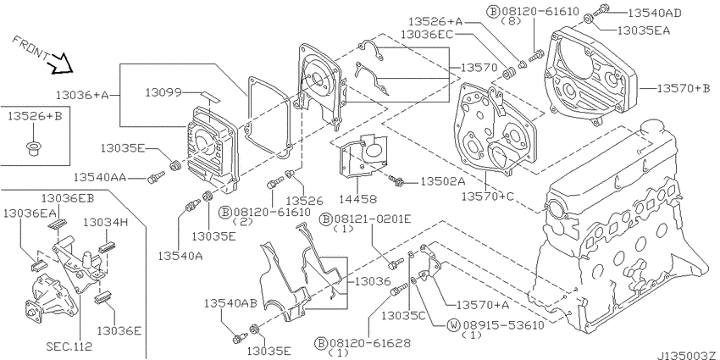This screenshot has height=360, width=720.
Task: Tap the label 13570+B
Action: coord(684,88)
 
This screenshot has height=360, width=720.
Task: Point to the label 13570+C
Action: coord(488,197)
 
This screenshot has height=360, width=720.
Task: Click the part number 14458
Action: coord(358,199)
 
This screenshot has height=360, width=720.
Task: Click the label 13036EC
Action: coord(427,35)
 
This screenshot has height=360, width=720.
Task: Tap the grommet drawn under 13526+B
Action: coord(32,149)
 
